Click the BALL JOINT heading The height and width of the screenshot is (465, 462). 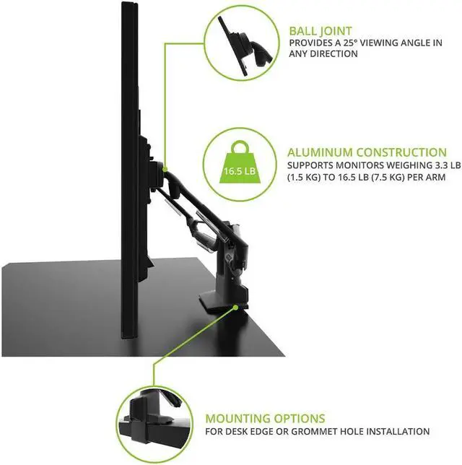pyautogui.click(x=321, y=32)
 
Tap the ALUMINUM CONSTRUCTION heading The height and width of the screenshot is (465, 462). pyautogui.click(x=367, y=152)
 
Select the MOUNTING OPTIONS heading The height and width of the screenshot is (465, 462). pyautogui.click(x=265, y=419)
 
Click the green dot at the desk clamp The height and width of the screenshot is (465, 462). pyautogui.click(x=237, y=306)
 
